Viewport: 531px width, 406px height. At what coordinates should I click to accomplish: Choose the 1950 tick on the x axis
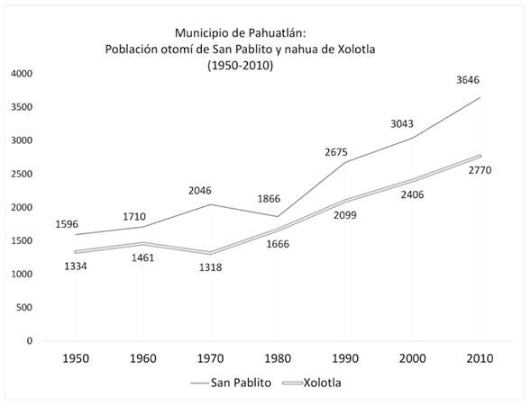76,357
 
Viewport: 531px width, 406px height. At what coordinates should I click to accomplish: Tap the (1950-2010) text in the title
240,66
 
